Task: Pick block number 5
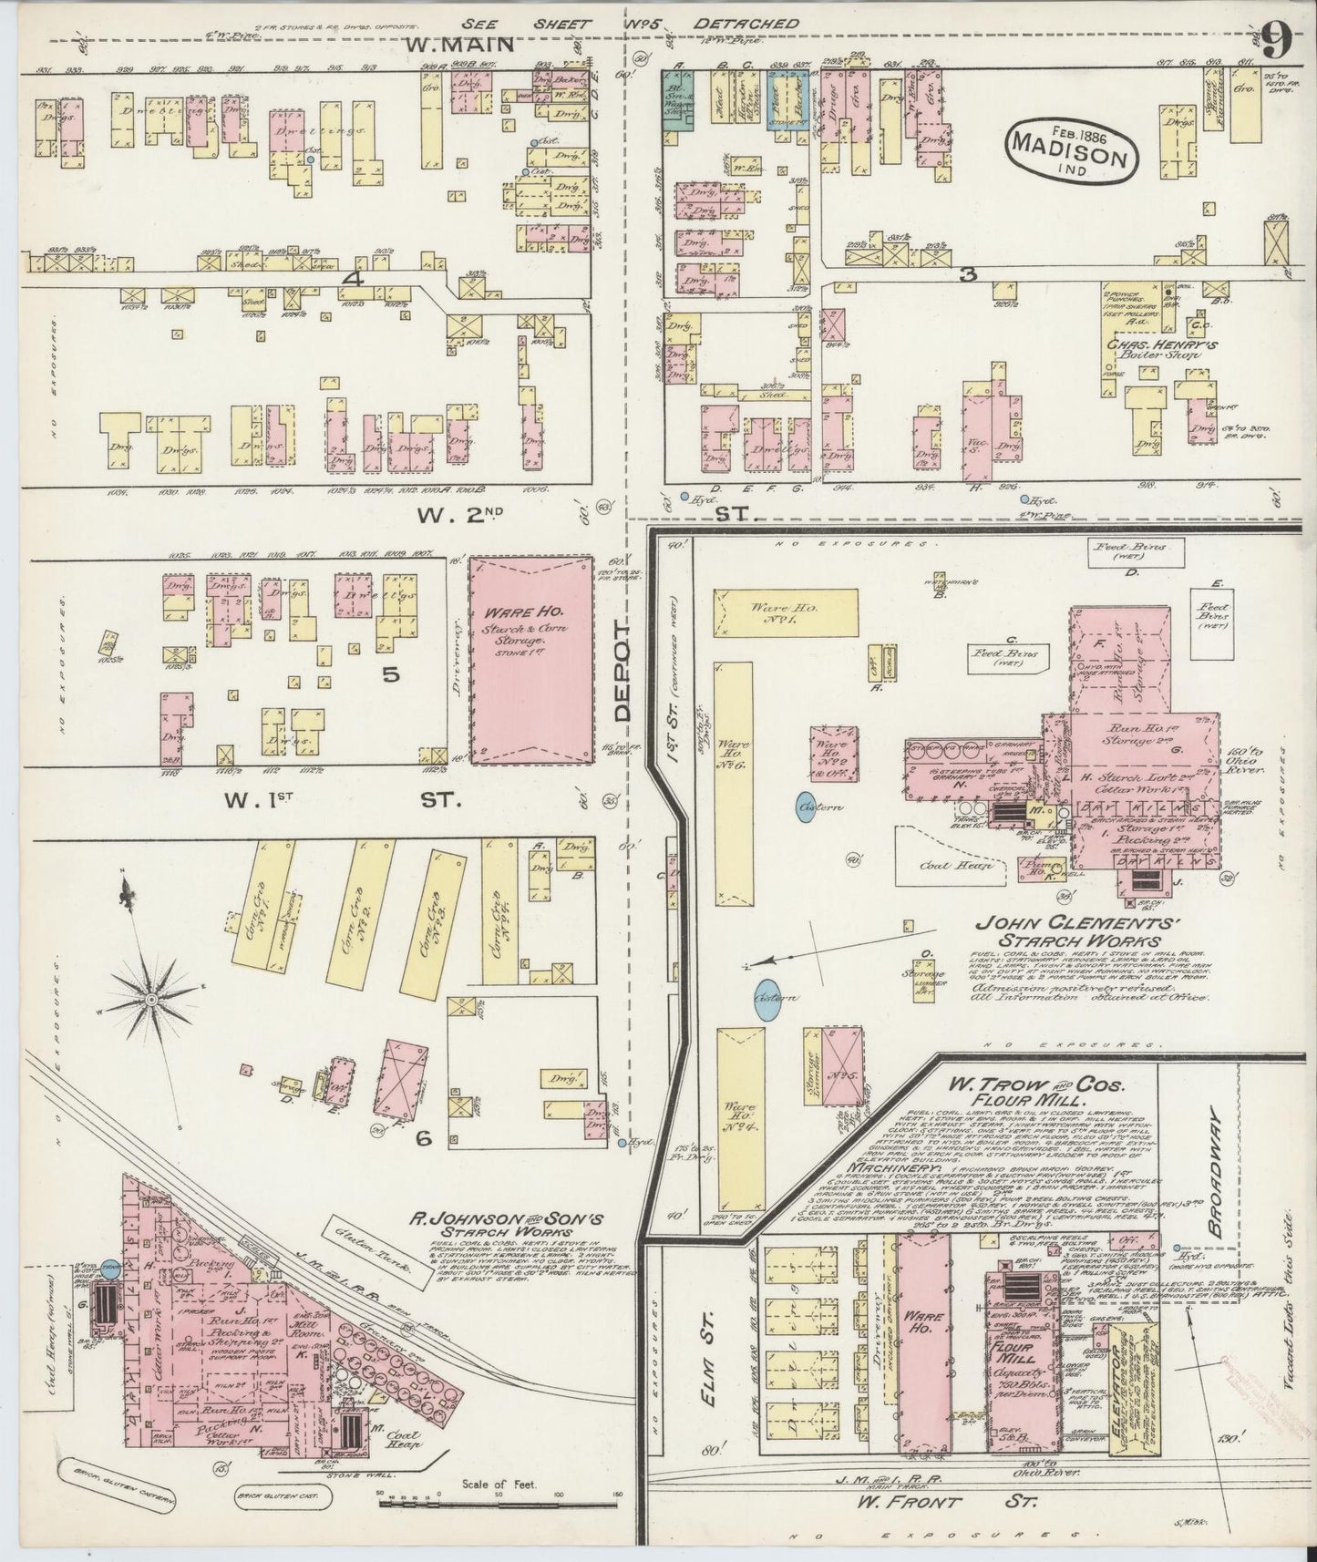pos(391,675)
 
